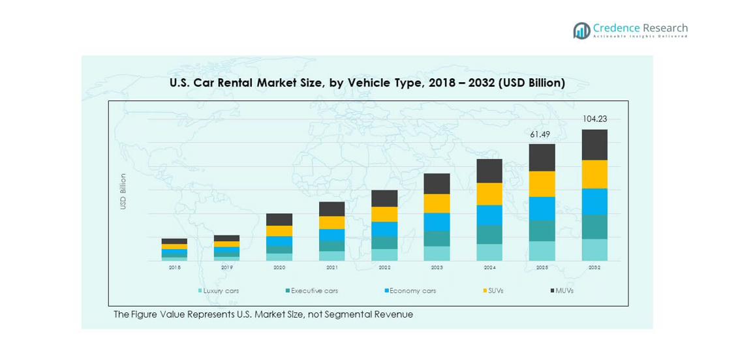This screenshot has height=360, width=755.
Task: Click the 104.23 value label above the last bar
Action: click(x=594, y=119)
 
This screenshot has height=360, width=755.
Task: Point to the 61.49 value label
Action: click(x=542, y=134)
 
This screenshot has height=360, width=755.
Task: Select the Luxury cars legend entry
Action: click(x=221, y=291)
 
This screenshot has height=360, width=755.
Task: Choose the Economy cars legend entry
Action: click(x=410, y=291)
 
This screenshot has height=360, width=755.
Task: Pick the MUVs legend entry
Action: click(x=562, y=291)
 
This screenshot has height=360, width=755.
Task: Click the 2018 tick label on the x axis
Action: click(x=175, y=267)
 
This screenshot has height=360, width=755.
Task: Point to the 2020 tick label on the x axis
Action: click(x=279, y=267)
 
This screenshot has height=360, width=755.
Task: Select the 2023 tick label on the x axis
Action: click(x=437, y=267)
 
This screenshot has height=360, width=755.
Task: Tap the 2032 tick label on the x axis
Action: click(x=594, y=267)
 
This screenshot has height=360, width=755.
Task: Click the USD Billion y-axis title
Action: click(x=123, y=191)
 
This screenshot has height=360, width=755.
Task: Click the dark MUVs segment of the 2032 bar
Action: click(x=594, y=145)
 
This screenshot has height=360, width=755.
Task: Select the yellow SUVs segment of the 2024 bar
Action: click(x=489, y=194)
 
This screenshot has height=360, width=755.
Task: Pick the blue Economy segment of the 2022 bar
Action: click(x=384, y=229)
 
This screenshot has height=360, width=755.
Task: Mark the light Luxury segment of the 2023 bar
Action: click(x=437, y=254)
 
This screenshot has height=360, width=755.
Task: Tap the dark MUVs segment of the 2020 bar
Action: click(x=279, y=220)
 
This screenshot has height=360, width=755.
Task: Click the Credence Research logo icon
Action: click(x=581, y=30)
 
